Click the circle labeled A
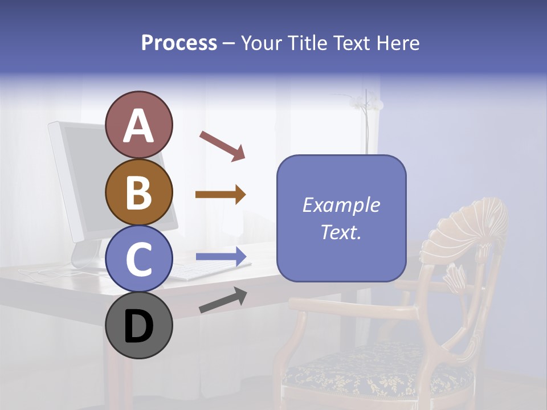tap(138, 125)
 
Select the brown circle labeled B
tap(138, 192)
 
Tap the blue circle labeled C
tap(138, 259)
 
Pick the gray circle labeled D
tap(138, 326)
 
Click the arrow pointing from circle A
tap(222, 145)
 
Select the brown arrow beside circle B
tap(221, 195)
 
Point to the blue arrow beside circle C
tap(221, 256)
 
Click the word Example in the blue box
tap(341, 205)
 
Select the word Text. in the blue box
tap(341, 232)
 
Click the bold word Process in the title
tap(179, 43)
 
